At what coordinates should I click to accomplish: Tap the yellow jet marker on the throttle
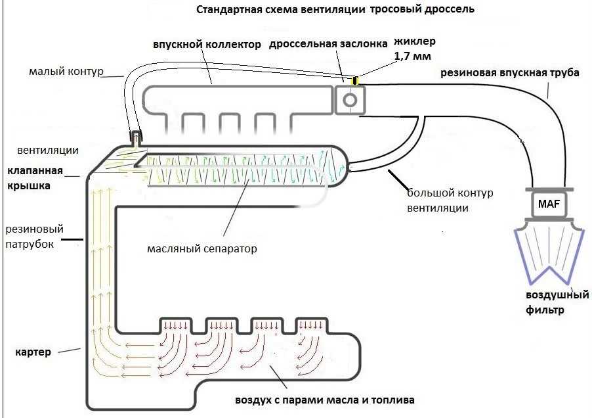355,81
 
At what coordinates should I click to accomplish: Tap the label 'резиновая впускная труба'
509,73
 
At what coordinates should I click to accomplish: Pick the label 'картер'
33,352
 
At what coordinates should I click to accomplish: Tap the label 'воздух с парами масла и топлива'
325,400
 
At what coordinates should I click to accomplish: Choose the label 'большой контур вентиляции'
450,200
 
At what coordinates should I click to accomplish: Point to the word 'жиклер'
414,42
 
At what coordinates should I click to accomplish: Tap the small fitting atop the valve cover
136,137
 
